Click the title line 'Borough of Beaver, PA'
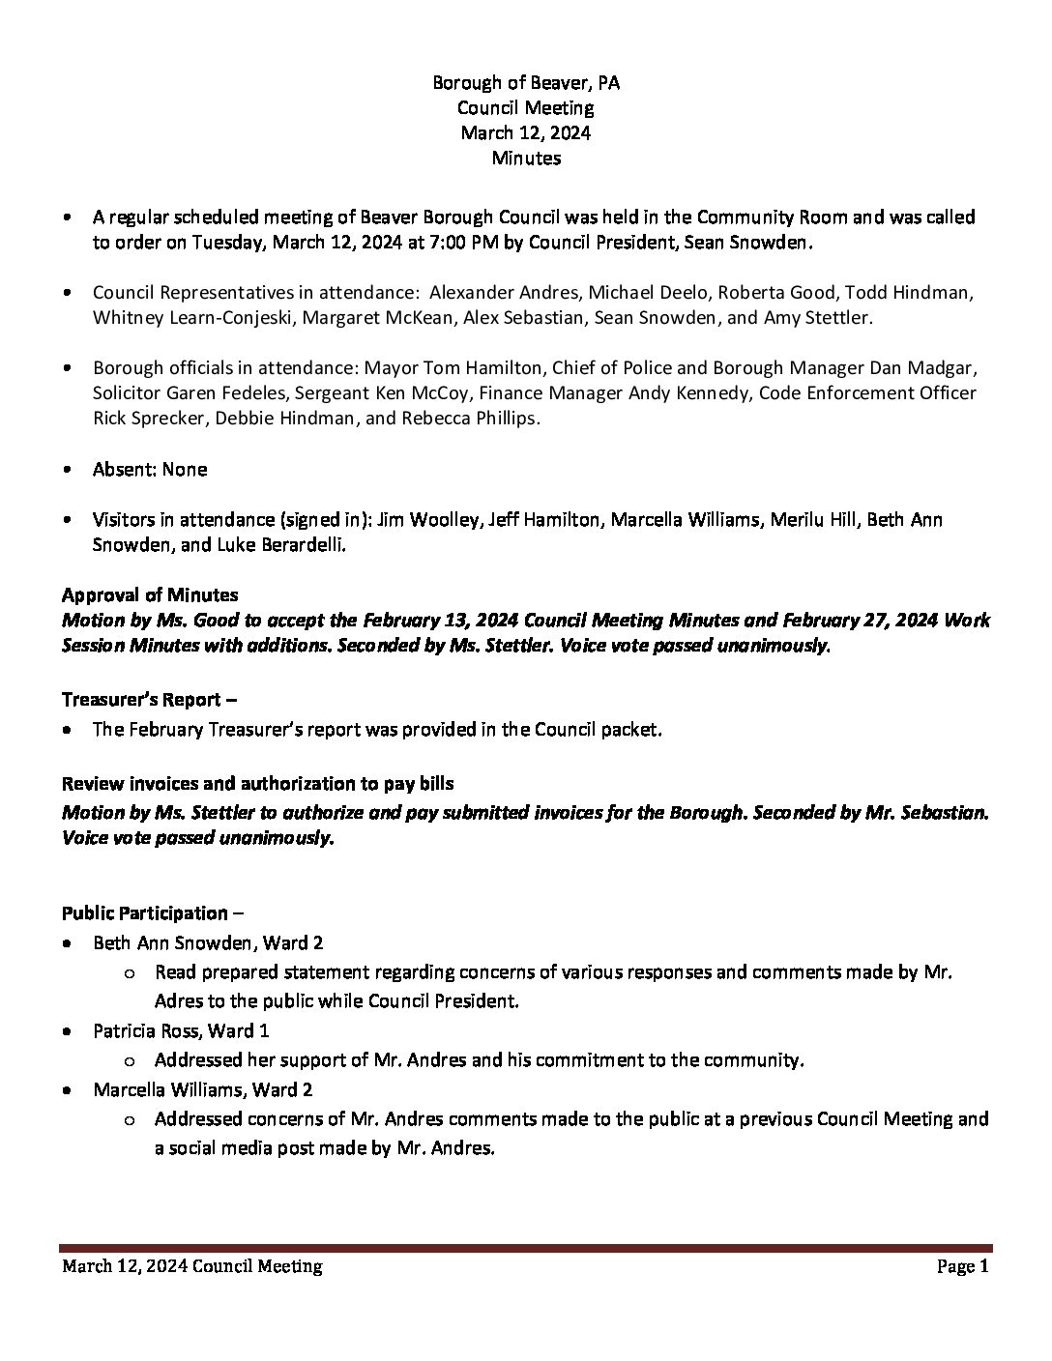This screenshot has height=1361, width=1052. [526, 83]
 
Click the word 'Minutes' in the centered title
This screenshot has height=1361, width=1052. [526, 158]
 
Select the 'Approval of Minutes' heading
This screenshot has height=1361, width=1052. [150, 594]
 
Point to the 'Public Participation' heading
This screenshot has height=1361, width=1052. [144, 912]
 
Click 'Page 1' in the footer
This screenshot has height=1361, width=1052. [962, 1266]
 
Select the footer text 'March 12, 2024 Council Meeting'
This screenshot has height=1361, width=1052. [192, 1266]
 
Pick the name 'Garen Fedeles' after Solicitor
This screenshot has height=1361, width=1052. [213, 393]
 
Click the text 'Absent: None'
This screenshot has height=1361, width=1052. [150, 469]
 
